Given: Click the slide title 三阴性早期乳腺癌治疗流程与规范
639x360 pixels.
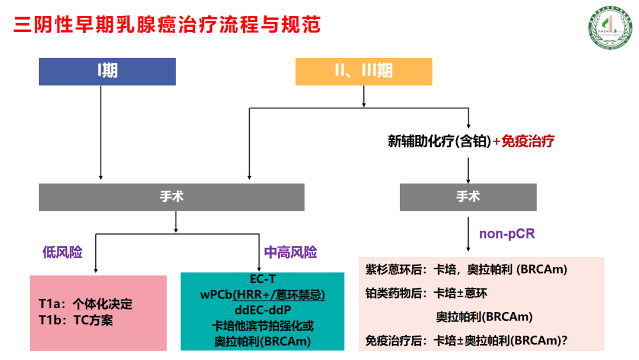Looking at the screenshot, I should [x=167, y=25].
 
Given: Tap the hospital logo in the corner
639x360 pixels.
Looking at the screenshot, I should [x=606, y=30].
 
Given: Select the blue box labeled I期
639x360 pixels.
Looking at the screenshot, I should [x=107, y=71].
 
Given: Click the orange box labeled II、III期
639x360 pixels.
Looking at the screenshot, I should [x=363, y=71].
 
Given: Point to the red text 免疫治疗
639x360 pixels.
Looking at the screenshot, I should [x=528, y=142].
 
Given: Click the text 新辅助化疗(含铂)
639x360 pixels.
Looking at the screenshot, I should [x=439, y=142].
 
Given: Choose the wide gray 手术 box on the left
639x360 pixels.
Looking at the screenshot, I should [x=172, y=197].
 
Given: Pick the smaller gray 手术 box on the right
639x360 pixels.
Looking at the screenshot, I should [x=468, y=197].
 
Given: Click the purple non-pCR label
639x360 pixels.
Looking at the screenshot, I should [x=507, y=234].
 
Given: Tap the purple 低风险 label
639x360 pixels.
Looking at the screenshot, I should [x=62, y=253].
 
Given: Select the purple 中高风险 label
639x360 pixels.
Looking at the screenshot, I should [x=290, y=253].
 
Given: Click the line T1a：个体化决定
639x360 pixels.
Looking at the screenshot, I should [x=85, y=305].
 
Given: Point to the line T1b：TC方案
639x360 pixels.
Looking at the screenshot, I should [x=76, y=321].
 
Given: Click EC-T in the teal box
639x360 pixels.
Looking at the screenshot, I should [x=263, y=279].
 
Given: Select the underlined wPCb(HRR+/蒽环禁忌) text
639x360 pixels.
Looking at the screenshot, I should [x=263, y=294].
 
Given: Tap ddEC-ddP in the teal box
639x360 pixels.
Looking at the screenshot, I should [x=263, y=310].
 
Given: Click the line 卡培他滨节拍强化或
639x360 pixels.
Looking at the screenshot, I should [x=263, y=326].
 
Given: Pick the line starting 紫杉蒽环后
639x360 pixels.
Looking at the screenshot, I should [x=466, y=269].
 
